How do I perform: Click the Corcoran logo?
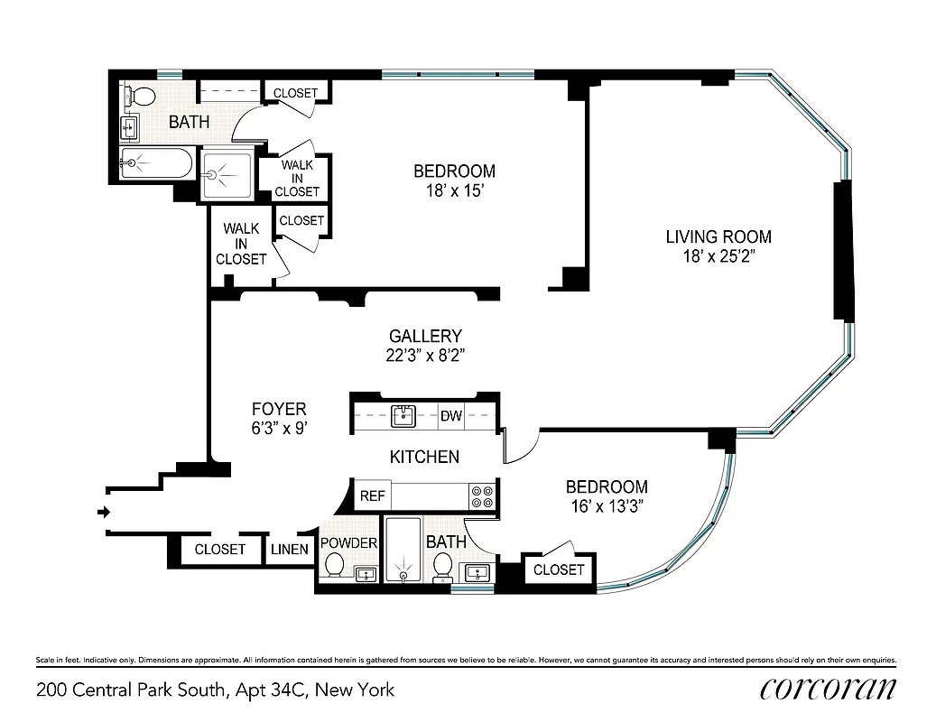pyautogui.click(x=828, y=689)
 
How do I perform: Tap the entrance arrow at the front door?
pyautogui.click(x=104, y=513)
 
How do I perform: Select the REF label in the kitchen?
pyautogui.click(x=372, y=495)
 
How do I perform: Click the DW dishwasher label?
pyautogui.click(x=451, y=416)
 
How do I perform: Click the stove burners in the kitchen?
pyautogui.click(x=481, y=496)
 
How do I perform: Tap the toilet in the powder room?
pyautogui.click(x=334, y=566)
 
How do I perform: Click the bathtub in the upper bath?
pyautogui.click(x=155, y=163)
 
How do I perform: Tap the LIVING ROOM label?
pyautogui.click(x=718, y=237)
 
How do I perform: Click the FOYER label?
pyautogui.click(x=278, y=409)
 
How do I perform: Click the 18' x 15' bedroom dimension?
pyautogui.click(x=454, y=190)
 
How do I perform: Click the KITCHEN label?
pyautogui.click(x=424, y=457)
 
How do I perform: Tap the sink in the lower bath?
pyautogui.click(x=477, y=572)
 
